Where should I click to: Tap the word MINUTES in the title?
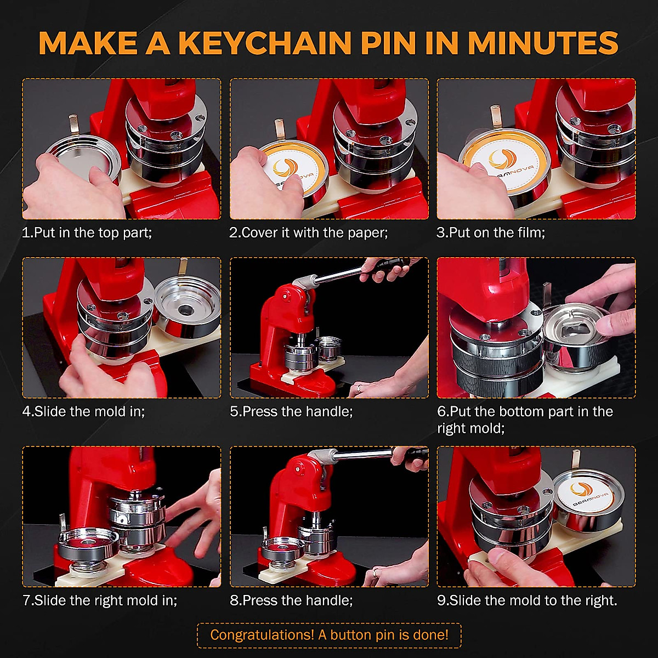click(x=543, y=43)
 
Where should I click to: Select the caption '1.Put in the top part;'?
click(x=87, y=232)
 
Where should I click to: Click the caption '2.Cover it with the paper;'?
click(x=308, y=232)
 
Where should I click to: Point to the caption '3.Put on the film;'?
click(x=491, y=232)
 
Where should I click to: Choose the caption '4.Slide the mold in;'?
click(x=83, y=411)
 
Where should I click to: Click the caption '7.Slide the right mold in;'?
click(x=100, y=600)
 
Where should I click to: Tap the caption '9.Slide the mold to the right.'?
click(x=527, y=600)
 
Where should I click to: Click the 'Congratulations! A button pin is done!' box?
click(x=329, y=635)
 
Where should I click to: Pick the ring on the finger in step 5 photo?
click(x=358, y=388)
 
